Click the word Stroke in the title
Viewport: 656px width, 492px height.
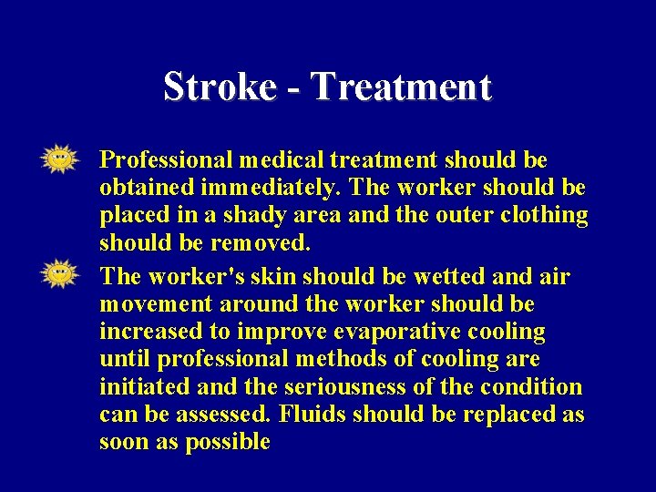pyautogui.click(x=220, y=87)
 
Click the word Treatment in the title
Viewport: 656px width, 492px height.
pyautogui.click(x=401, y=87)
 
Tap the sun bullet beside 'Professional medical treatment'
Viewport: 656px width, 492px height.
pyautogui.click(x=60, y=159)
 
